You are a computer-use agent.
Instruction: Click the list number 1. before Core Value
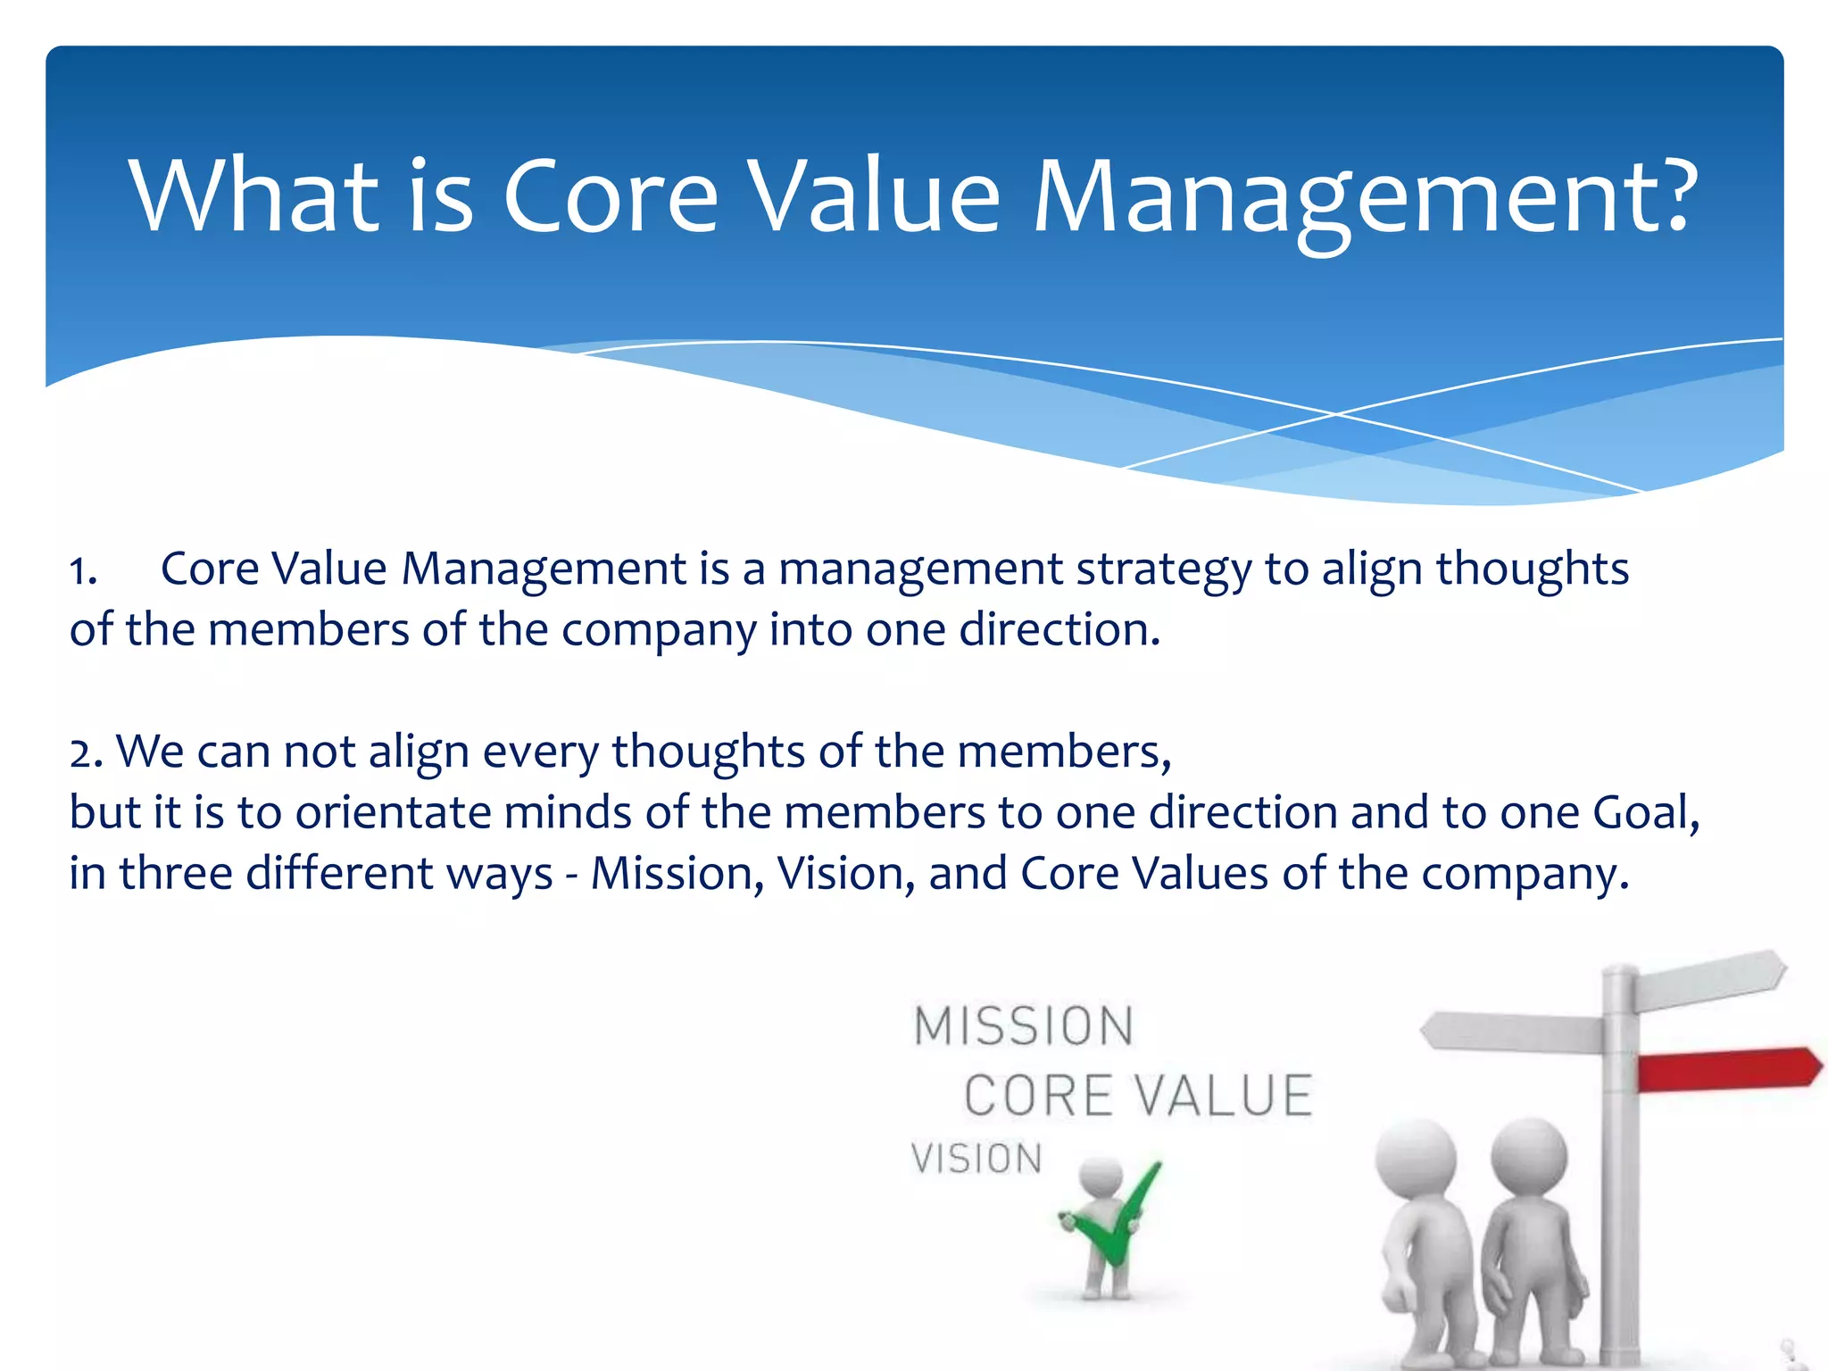(84, 571)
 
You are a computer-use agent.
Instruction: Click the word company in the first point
(658, 632)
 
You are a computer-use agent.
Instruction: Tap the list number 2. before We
(87, 753)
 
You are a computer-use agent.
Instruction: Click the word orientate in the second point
(393, 814)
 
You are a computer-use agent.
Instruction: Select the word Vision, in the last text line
(845, 875)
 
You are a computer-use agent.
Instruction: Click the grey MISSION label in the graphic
(1024, 1026)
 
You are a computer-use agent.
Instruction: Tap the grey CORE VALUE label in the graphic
(1138, 1096)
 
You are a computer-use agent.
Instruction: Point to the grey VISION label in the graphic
(976, 1159)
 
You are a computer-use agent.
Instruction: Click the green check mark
(1121, 1219)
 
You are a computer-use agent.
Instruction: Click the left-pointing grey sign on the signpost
(1513, 1032)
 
